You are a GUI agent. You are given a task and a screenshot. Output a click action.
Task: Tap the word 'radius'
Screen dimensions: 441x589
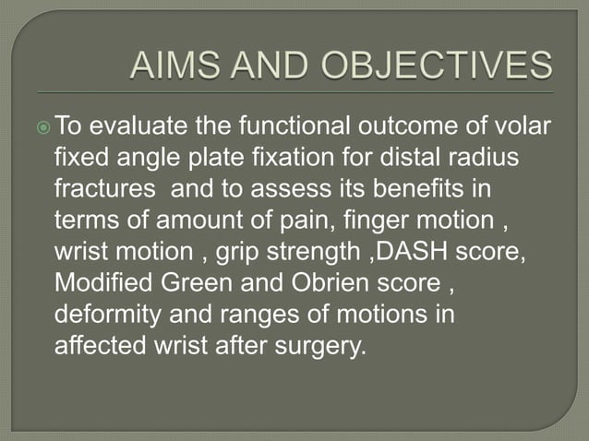tap(483, 159)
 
